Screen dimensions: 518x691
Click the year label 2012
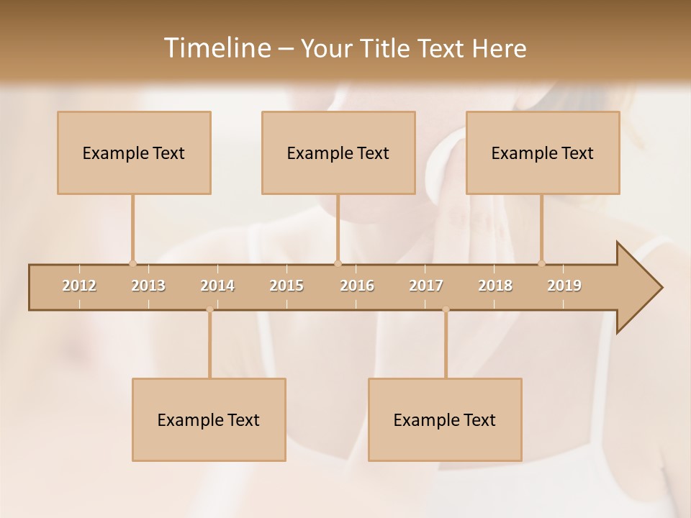click(79, 286)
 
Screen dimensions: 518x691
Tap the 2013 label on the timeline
click(148, 286)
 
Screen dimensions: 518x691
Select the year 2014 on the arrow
click(217, 286)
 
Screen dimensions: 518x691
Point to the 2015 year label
click(286, 286)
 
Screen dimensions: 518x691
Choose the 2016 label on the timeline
click(357, 286)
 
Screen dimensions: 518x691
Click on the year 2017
click(426, 286)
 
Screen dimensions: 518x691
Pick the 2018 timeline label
click(495, 286)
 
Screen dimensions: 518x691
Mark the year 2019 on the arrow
click(564, 286)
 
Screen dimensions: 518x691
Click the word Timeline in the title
click(216, 48)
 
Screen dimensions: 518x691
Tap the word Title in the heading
click(387, 48)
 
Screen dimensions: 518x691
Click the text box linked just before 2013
click(134, 153)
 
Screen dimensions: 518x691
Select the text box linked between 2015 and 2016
click(338, 153)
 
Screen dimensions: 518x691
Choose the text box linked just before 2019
click(543, 153)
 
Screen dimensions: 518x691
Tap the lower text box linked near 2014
click(209, 419)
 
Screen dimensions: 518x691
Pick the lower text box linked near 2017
click(445, 419)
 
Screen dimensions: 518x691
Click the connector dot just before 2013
click(132, 263)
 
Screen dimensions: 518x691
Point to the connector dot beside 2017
click(446, 310)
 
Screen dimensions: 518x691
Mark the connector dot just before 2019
click(541, 263)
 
